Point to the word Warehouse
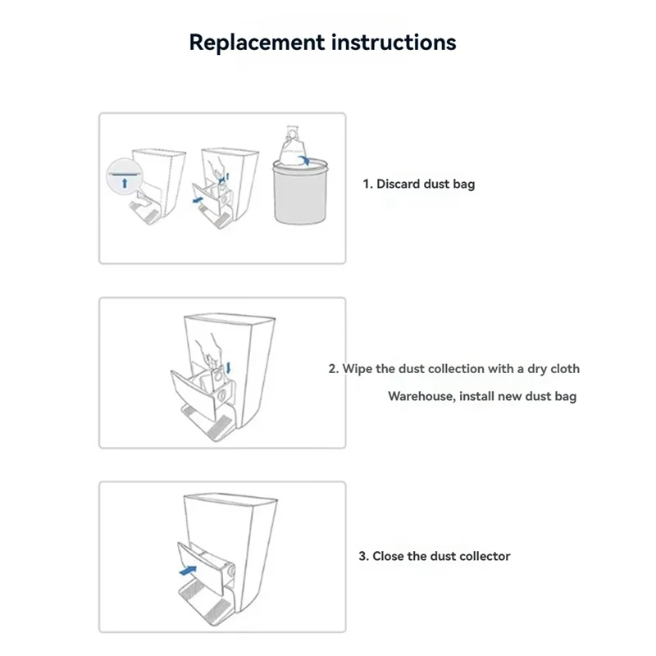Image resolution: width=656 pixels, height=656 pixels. [x=420, y=396]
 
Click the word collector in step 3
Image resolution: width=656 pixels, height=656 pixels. [x=484, y=556]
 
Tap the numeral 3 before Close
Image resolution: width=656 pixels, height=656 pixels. [x=362, y=556]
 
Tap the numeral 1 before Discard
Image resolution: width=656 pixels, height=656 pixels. [x=367, y=184]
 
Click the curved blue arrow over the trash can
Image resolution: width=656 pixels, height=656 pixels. [x=306, y=161]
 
